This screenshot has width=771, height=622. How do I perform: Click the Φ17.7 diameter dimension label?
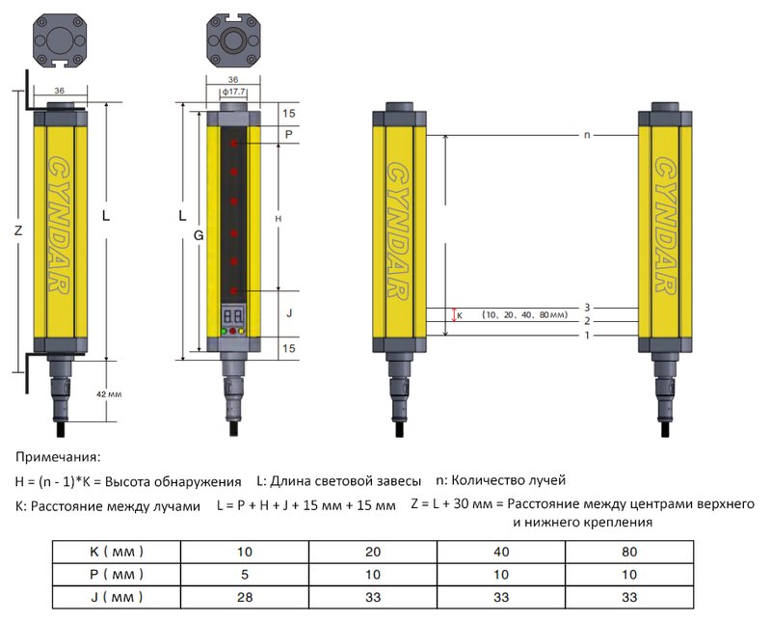tap(231, 93)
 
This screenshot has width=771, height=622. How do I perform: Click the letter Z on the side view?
tap(17, 231)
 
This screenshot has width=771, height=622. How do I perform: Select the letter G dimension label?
tap(198, 233)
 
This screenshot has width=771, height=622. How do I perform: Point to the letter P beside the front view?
tap(288, 135)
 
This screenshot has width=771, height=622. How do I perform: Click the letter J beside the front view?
tap(288, 313)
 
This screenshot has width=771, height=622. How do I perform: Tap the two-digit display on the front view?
tap(232, 314)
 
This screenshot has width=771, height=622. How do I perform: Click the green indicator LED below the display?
tap(224, 332)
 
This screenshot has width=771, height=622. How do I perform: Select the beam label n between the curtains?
tap(586, 135)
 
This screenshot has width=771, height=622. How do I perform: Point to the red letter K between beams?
tap(459, 314)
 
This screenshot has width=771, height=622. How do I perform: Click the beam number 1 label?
tap(586, 336)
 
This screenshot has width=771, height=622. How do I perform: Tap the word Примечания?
tap(58, 457)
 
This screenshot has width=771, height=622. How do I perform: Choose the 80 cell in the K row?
tap(628, 553)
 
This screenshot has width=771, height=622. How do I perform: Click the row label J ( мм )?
tap(116, 597)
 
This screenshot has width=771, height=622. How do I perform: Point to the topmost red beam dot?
tap(233, 143)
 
